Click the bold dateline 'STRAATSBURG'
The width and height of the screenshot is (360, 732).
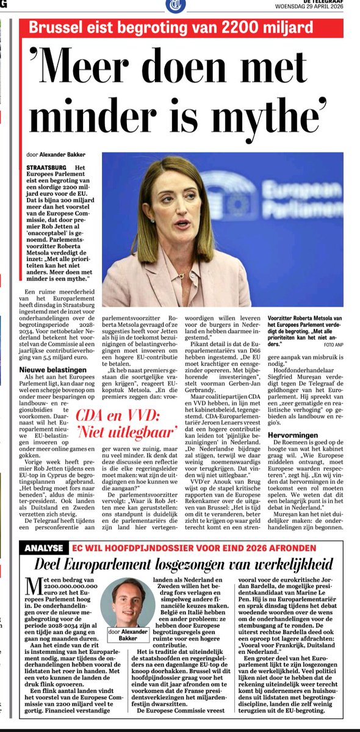47,168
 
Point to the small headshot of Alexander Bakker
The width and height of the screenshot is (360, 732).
127,601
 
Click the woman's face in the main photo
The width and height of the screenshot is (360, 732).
182,211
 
